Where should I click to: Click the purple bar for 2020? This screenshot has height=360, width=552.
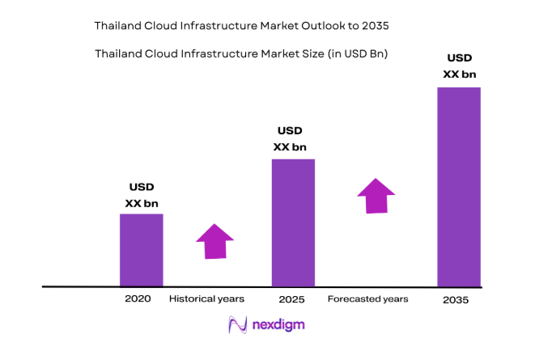(142, 250)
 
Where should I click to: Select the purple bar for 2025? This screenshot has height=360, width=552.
(293, 222)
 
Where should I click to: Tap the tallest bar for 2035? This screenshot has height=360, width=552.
(459, 187)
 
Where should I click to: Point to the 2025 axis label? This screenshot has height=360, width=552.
(291, 299)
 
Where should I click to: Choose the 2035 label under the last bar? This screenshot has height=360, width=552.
(456, 300)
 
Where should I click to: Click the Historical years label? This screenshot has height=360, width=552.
(206, 299)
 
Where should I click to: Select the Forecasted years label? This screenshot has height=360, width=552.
(367, 299)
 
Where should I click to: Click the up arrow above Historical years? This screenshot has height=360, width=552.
(214, 241)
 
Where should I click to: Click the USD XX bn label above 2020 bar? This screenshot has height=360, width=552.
(142, 195)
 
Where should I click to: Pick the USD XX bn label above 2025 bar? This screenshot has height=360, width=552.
(290, 138)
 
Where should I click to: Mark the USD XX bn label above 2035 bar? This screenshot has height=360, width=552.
(459, 66)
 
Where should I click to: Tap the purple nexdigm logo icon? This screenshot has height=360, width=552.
(238, 325)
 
